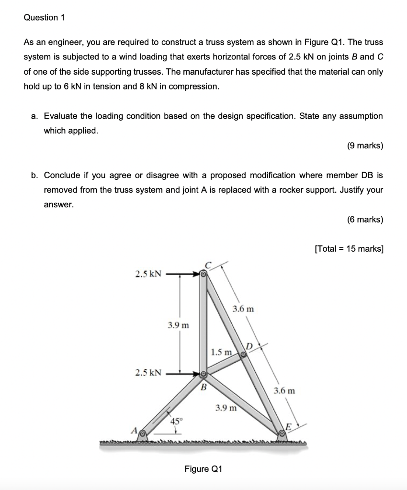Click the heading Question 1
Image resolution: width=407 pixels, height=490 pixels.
[x=44, y=18]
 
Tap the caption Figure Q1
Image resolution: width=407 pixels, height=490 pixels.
[x=203, y=468]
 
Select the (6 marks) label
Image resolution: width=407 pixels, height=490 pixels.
[x=365, y=220]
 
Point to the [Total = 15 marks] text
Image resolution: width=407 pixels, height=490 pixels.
[x=349, y=249]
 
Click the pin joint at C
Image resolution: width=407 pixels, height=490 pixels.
[x=203, y=275]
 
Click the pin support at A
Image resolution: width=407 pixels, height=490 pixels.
[x=143, y=434]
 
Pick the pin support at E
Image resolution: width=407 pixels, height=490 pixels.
[x=282, y=434]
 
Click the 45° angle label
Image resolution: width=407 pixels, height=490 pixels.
[x=177, y=422]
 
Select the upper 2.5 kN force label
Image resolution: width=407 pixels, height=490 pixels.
[x=148, y=274]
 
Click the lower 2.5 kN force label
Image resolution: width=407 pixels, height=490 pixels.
[x=148, y=372]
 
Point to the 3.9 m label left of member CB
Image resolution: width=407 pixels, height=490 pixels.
[x=178, y=325]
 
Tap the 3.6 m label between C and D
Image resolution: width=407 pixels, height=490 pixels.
[x=243, y=310]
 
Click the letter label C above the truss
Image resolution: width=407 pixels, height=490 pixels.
[x=208, y=265]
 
